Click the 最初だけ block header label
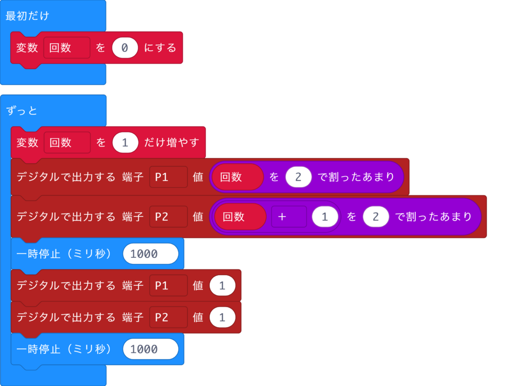coord(27,16)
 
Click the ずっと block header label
coord(22,110)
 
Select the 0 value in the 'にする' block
coord(125,48)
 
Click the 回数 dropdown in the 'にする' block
coord(67,48)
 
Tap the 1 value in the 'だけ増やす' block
coord(125,142)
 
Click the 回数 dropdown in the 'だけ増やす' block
coord(67,142)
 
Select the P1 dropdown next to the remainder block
coord(168,177)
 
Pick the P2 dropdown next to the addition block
coord(168,217)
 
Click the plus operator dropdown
coord(288,217)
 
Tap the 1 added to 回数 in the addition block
coord(325,217)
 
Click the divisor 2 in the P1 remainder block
coord(298,177)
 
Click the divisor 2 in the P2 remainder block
coord(375,217)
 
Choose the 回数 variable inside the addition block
coord(240,217)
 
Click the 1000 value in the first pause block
coord(151,254)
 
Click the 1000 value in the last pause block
coord(151,349)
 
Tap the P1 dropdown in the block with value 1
coord(168,286)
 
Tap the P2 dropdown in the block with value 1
coord(168,317)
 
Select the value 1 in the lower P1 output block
coord(222,286)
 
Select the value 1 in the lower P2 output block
coord(222,317)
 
